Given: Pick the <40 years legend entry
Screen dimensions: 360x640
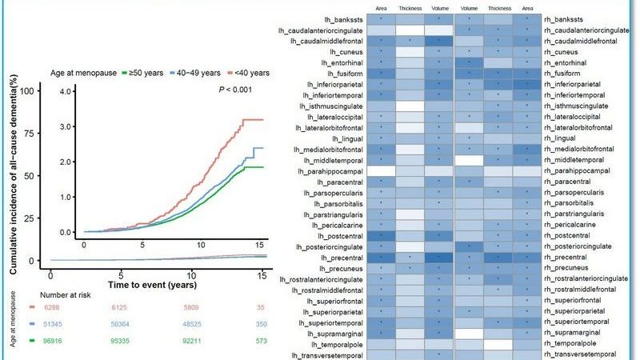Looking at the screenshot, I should coord(249,73).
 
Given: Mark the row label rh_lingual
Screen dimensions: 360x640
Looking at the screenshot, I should coord(560,138).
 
